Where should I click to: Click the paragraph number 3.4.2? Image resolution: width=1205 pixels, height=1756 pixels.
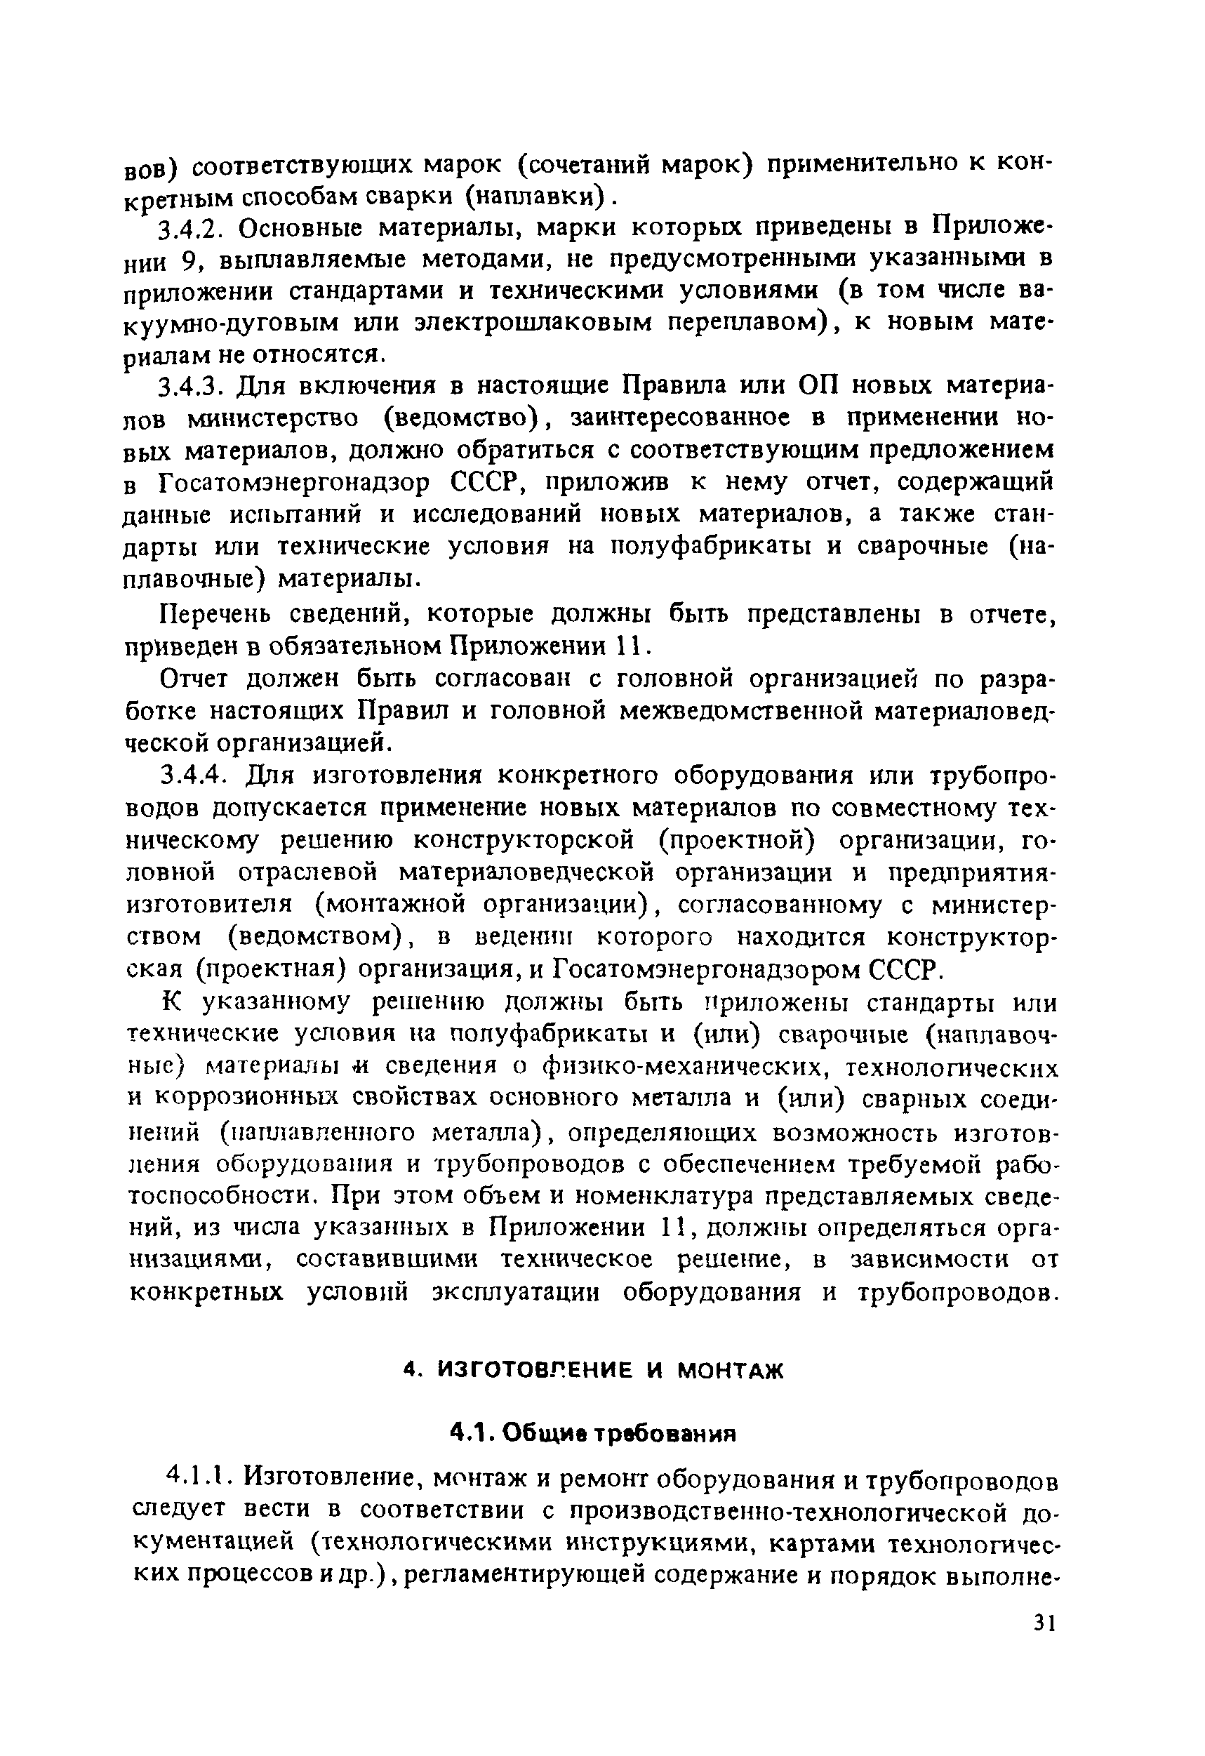[x=191, y=228]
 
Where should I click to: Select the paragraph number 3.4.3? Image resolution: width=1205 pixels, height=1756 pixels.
[x=191, y=387]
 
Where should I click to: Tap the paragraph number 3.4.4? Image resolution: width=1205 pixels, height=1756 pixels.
[x=191, y=776]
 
